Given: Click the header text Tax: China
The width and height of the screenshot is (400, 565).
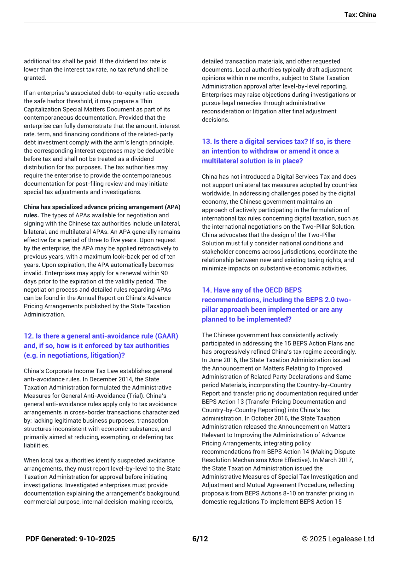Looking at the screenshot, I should point(360,15).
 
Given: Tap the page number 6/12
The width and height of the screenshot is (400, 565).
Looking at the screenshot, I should point(200,539).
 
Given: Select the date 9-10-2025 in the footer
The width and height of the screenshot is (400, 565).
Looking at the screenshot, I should point(97,539).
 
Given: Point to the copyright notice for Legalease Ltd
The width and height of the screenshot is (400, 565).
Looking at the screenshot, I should point(338,539).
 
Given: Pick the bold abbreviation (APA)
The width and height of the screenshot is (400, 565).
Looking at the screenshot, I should point(172,207).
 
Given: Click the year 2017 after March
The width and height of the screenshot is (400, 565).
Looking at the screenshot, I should point(346,460).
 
